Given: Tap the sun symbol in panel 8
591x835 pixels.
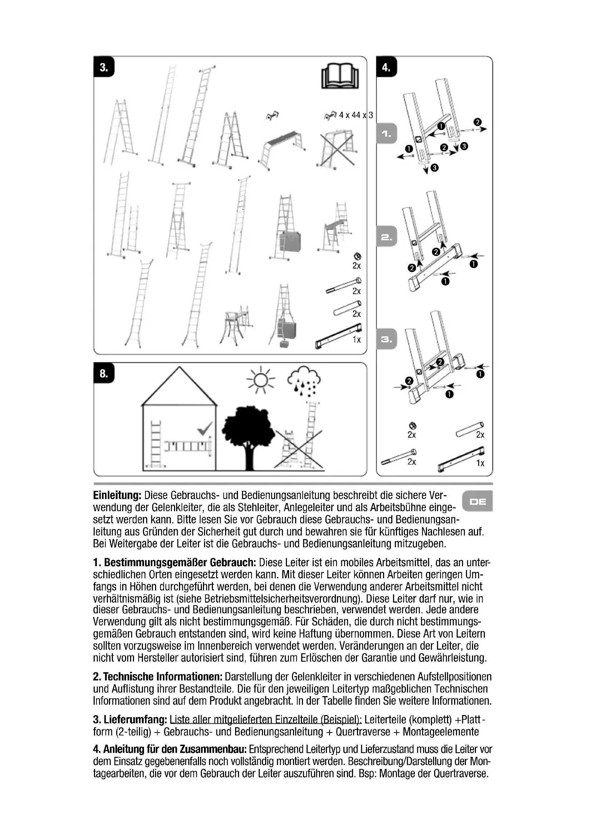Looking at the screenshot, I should coord(260,381).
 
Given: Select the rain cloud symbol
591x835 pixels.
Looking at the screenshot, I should coord(304,382).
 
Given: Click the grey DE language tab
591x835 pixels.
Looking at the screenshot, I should coord(477,502).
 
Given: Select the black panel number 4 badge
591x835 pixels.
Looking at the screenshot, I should coord(386,67).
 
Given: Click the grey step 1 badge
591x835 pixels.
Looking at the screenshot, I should coord(387,134).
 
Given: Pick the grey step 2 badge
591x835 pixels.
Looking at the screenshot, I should coord(387,237).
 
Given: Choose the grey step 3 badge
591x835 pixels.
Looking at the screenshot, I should coord(387,339).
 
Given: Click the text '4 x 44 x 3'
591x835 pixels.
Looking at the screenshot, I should coord(356,115).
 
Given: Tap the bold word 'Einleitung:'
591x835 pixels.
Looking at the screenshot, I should coord(117,496).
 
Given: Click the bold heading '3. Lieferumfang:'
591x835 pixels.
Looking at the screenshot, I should coord(130,720).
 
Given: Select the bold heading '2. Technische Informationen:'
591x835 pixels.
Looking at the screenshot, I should coord(158,677).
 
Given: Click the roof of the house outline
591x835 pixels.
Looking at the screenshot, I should coord(179,387).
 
